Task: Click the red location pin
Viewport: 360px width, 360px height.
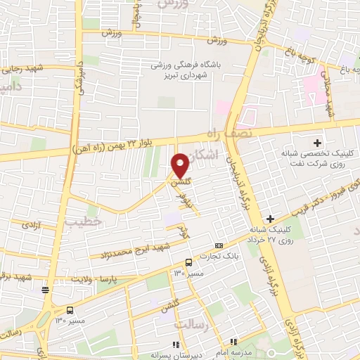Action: click(181, 165)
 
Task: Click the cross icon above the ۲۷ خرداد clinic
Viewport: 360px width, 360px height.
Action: click(271, 219)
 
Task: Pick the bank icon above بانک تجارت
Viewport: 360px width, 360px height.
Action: click(219, 246)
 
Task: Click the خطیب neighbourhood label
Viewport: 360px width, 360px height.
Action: click(79, 223)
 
